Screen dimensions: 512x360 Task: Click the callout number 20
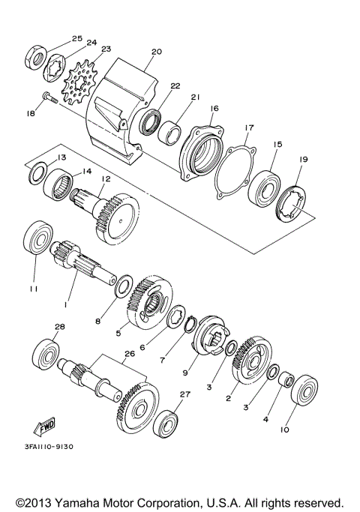pos(156,52)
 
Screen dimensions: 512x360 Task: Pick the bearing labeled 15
pos(265,184)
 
